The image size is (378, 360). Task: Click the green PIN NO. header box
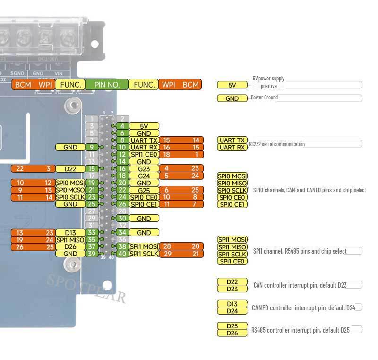click(107, 85)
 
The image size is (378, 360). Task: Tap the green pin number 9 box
click(92, 147)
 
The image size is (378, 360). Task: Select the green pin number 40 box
click(122, 254)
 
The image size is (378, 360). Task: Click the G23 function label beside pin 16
click(144, 168)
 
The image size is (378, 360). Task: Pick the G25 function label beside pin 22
click(144, 190)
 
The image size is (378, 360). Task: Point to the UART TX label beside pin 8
click(144, 140)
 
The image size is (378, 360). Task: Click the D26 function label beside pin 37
click(70, 246)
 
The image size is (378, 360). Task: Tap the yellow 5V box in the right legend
click(232, 85)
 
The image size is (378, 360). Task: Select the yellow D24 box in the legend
click(232, 311)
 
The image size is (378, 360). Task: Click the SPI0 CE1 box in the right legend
click(232, 204)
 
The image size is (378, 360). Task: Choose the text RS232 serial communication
click(277, 144)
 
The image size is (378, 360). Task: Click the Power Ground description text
click(264, 97)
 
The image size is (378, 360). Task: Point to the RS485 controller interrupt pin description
click(301, 330)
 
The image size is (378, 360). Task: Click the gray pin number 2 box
click(122, 119)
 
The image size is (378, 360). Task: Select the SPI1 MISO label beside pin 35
click(70, 240)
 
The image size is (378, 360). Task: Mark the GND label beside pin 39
click(70, 254)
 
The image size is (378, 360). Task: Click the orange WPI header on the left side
click(45, 85)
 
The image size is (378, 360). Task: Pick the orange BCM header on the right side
click(190, 85)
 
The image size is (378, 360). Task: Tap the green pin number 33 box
click(92, 232)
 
